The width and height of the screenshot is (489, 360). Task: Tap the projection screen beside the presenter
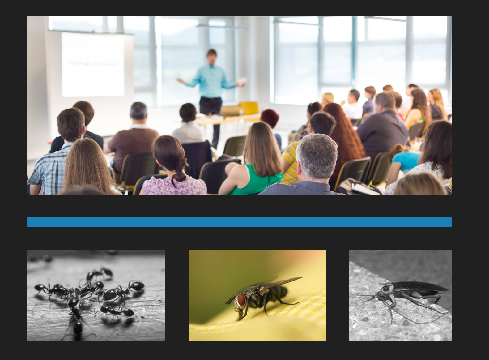coord(93,65)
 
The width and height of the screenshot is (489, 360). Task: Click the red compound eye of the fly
coord(241,299)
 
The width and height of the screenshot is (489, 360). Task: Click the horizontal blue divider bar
coord(239,222)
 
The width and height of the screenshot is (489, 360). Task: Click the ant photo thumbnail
coord(96,295)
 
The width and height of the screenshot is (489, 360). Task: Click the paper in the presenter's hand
coord(243,80)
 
